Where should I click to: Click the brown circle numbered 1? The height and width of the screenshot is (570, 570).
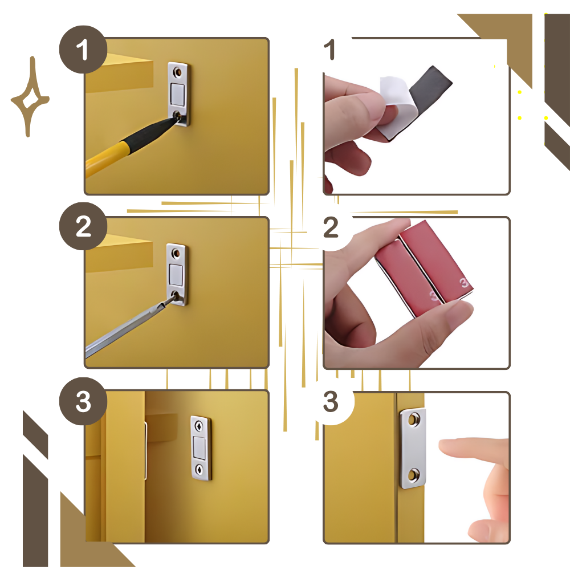tap(83, 50)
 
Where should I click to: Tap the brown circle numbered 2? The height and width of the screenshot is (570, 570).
tap(83, 227)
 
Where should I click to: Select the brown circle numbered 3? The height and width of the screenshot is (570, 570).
tap(83, 401)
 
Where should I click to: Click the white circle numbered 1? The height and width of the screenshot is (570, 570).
tap(329, 50)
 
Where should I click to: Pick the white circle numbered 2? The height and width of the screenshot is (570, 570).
tap(330, 227)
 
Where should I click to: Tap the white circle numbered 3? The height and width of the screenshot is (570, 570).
tap(330, 401)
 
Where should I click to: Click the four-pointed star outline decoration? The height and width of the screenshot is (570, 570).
tap(30, 97)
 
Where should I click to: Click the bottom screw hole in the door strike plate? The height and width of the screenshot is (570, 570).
tap(414, 473)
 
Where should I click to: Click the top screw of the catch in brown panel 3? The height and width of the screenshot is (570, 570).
tap(199, 425)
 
